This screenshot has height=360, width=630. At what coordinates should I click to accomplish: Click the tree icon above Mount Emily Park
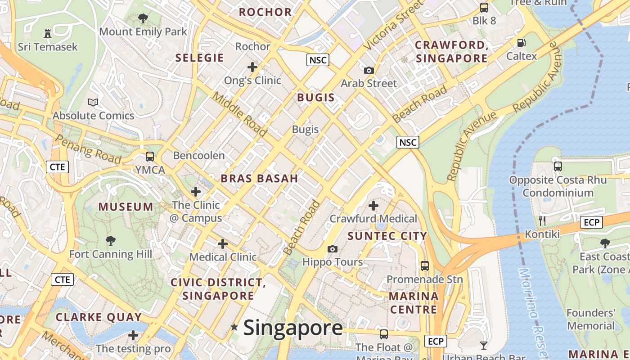pyautogui.click(x=143, y=18)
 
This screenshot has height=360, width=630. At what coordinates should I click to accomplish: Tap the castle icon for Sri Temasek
pyautogui.click(x=48, y=33)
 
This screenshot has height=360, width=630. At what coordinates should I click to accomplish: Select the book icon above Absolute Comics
pyautogui.click(x=93, y=103)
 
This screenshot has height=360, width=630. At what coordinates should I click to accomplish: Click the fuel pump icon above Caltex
pyautogui.click(x=522, y=43)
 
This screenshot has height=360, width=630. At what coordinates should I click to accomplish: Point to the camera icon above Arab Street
pyautogui.click(x=369, y=70)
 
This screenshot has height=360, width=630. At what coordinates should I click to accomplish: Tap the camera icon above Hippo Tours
pyautogui.click(x=332, y=249)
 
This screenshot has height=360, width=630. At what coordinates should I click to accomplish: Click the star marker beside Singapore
pyautogui.click(x=234, y=327)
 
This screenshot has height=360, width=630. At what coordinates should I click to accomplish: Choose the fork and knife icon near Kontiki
pyautogui.click(x=542, y=220)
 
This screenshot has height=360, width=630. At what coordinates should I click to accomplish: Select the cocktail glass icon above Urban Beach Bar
pyautogui.click(x=484, y=345)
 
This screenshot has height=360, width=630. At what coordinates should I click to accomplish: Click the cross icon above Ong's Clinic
pyautogui.click(x=252, y=67)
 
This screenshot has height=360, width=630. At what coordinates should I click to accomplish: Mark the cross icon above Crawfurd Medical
pyautogui.click(x=373, y=206)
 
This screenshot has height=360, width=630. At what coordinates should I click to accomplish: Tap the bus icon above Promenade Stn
pyautogui.click(x=424, y=265)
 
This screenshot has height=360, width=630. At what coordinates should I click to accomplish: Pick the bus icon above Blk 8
pyautogui.click(x=484, y=8)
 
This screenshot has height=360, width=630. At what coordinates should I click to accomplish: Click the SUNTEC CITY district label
pyautogui.click(x=387, y=236)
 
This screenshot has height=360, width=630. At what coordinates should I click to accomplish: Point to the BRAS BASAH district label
pyautogui.click(x=259, y=178)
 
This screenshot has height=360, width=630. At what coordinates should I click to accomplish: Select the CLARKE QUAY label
pyautogui.click(x=99, y=317)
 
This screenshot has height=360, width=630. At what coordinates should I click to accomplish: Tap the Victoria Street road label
pyautogui.click(x=393, y=25)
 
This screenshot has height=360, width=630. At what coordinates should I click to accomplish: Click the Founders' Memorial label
pyautogui.click(x=590, y=319)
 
